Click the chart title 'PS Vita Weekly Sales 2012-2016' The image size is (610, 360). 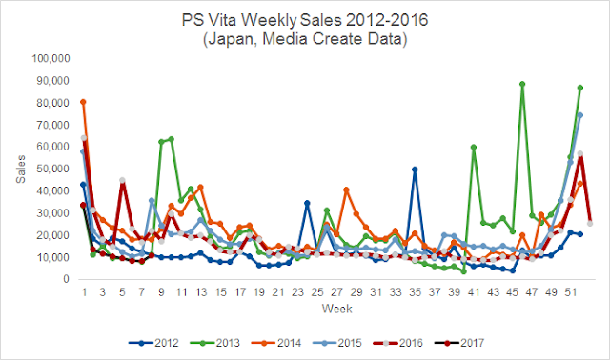[305, 20]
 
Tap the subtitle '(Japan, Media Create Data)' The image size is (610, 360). [305, 39]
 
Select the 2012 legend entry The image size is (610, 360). [153, 343]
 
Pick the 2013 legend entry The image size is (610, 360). [215, 343]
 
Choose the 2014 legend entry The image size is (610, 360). [276, 343]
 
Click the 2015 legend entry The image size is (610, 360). [336, 343]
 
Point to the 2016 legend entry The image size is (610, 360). [398, 343]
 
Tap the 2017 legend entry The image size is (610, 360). [459, 343]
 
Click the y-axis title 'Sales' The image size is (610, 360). [21, 170]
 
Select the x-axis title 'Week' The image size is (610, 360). [336, 309]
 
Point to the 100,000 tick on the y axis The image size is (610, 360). [51, 58]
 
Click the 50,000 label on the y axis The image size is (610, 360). [53, 169]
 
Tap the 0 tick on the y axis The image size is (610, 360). [67, 279]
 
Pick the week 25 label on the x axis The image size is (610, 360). [317, 291]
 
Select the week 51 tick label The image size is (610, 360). [571, 291]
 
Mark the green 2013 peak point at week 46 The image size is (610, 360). [522, 84]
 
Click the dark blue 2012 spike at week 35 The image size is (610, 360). [415, 170]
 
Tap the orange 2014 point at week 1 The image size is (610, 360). [83, 102]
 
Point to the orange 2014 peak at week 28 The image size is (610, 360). [346, 190]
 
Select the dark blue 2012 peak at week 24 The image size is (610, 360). [307, 203]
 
